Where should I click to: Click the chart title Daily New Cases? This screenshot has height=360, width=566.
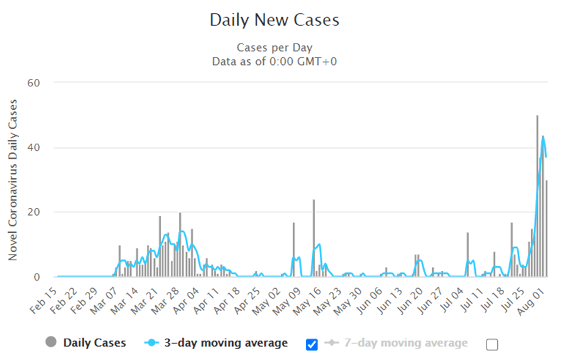pos(274,20)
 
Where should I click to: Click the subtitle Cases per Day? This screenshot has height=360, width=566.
pos(274,48)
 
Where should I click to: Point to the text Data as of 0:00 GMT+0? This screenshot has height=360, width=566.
pos(274,61)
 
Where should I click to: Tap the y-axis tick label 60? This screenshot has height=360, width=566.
pos(33,83)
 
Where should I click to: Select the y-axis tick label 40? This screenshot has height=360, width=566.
pos(33,148)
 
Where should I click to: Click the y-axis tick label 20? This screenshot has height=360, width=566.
pos(33,212)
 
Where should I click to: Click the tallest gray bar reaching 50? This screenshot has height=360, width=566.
pos(537,195)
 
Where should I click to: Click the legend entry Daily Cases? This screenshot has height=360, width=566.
pos(86,343)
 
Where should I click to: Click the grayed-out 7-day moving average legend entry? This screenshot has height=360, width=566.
pos(397,343)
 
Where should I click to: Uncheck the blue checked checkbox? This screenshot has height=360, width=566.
pos(311,344)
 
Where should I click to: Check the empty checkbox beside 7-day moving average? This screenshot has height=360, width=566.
pos(492,344)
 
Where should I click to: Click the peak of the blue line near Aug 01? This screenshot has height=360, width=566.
pos(543,137)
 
